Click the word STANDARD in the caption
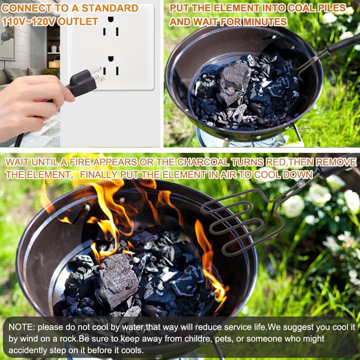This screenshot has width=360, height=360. (x=110, y=8)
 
